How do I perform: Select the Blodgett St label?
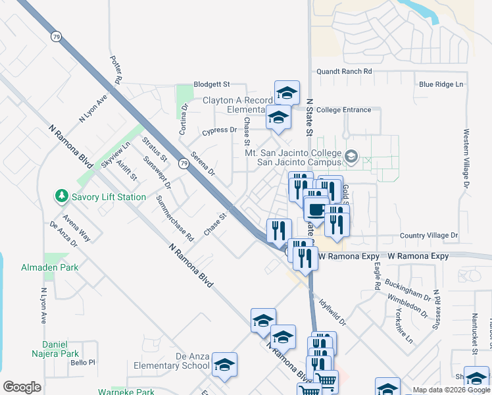(211, 85)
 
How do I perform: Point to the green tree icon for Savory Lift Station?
(61, 196)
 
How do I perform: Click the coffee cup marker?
(316, 210)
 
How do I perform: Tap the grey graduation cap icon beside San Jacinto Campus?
(351, 157)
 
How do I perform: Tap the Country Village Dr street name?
(428, 236)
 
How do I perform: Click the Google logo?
(22, 387)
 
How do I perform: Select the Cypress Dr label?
(219, 130)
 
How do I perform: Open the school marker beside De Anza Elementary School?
(224, 365)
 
